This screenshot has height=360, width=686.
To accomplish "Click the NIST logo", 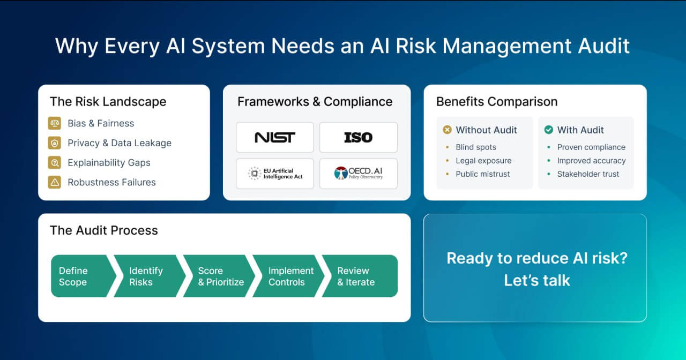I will [274, 138].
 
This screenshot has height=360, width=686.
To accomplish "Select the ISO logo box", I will [358, 138].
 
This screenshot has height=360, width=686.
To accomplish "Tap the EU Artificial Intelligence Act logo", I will [274, 174].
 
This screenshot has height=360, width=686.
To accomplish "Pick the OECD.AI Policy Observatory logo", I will [358, 174].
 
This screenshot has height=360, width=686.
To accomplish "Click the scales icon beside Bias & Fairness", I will [54, 123].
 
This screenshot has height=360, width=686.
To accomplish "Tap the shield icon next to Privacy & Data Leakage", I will [54, 143].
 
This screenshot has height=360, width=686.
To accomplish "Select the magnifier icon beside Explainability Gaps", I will [54, 163].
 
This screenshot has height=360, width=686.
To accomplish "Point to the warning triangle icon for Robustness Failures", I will [54, 182].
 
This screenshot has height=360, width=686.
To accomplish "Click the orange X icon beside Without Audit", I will [447, 130].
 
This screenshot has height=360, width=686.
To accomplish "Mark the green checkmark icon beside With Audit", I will [548, 130].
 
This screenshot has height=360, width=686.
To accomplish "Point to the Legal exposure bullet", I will [483, 161].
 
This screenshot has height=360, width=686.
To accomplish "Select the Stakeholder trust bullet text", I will [588, 174].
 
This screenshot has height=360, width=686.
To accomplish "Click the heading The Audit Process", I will [104, 230].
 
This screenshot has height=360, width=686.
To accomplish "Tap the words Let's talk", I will [537, 280].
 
